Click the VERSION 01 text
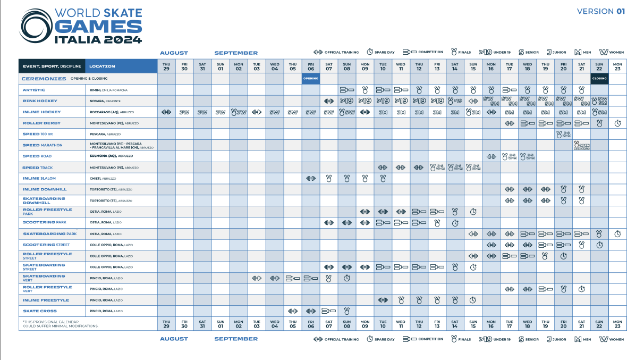(x=600, y=11)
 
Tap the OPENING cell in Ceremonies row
(x=311, y=79)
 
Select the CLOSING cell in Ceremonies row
(x=599, y=79)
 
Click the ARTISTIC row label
(x=34, y=90)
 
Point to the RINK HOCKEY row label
(x=40, y=101)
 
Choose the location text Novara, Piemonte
(x=104, y=101)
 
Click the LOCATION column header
(x=102, y=66)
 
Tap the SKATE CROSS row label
(x=40, y=311)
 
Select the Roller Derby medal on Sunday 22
(x=599, y=123)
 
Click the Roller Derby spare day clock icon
(x=617, y=123)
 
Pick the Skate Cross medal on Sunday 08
(x=347, y=311)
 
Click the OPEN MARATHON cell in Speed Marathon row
(x=581, y=145)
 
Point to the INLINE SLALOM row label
(x=39, y=179)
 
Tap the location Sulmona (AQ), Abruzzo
(x=112, y=156)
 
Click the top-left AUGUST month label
(x=174, y=53)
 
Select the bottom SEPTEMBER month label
(x=236, y=339)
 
